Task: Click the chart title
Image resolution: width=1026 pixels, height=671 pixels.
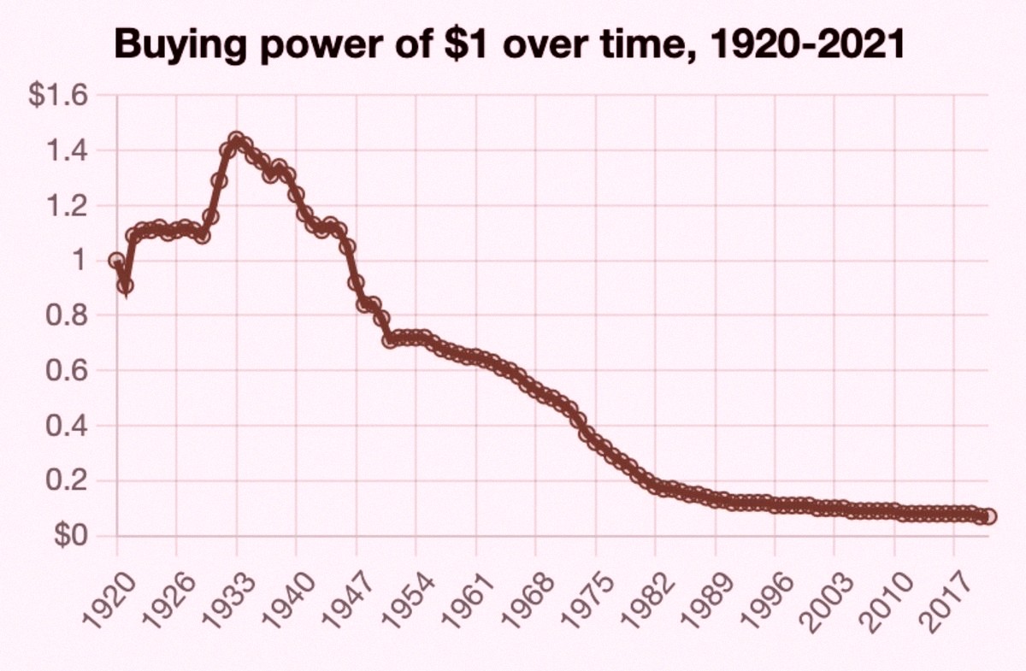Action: (x=510, y=44)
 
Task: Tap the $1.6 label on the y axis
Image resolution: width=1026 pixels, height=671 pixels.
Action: (x=58, y=95)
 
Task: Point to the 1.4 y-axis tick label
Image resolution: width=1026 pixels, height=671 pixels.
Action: (x=67, y=150)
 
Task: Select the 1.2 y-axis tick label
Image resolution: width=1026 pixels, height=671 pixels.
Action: (x=67, y=206)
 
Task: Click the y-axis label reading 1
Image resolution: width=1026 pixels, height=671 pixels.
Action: (x=79, y=261)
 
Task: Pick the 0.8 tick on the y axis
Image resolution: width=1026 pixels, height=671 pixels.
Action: (x=67, y=315)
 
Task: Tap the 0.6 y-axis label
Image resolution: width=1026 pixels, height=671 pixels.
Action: (x=67, y=370)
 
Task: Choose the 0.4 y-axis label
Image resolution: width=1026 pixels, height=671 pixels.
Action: (x=67, y=426)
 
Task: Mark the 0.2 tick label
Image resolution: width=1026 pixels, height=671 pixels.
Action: (x=67, y=481)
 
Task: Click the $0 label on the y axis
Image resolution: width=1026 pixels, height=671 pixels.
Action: (x=70, y=536)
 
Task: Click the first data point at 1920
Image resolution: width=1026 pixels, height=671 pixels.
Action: (x=116, y=260)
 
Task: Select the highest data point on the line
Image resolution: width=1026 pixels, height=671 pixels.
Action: (x=236, y=138)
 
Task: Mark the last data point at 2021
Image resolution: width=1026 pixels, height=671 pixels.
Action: (x=989, y=516)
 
